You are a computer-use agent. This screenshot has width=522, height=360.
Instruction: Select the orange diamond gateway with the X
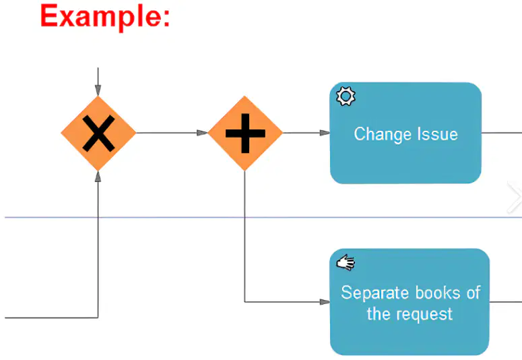98,133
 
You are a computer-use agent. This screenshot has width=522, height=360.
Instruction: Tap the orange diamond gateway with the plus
245,133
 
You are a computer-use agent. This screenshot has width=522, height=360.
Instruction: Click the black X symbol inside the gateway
98,133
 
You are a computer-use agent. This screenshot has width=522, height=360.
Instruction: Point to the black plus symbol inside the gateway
245,133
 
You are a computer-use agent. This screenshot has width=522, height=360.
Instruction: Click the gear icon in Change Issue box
346,96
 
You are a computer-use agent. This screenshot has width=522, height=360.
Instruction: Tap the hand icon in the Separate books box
346,263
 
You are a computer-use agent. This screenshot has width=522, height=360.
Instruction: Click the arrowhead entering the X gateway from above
98,90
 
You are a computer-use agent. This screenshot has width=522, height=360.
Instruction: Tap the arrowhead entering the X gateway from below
98,177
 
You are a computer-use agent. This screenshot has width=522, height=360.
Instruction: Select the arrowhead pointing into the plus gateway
202,133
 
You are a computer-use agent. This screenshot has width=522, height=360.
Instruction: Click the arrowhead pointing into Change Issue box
325,133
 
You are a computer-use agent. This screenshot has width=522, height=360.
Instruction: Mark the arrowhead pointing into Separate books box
325,301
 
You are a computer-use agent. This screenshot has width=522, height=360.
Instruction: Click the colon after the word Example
166,18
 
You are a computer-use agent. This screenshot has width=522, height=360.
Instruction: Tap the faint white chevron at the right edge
515,198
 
